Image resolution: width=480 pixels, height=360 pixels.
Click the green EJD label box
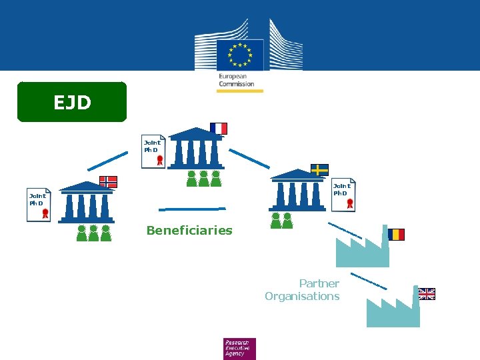72,102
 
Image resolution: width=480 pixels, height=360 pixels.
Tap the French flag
219,128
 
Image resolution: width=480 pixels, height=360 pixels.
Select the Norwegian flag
108,182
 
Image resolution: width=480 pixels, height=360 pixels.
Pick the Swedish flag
319,169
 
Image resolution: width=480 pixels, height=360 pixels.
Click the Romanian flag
396,234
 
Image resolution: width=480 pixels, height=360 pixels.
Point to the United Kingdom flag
427,294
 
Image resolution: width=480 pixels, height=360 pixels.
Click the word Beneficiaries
189,231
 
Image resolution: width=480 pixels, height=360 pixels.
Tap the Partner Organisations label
303,290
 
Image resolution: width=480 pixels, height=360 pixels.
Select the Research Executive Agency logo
239,348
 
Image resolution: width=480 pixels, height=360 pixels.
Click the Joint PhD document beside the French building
153,152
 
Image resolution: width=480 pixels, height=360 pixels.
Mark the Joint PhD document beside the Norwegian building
39,203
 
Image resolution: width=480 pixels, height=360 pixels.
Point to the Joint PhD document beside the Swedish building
344,195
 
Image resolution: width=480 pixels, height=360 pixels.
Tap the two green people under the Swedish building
281,221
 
